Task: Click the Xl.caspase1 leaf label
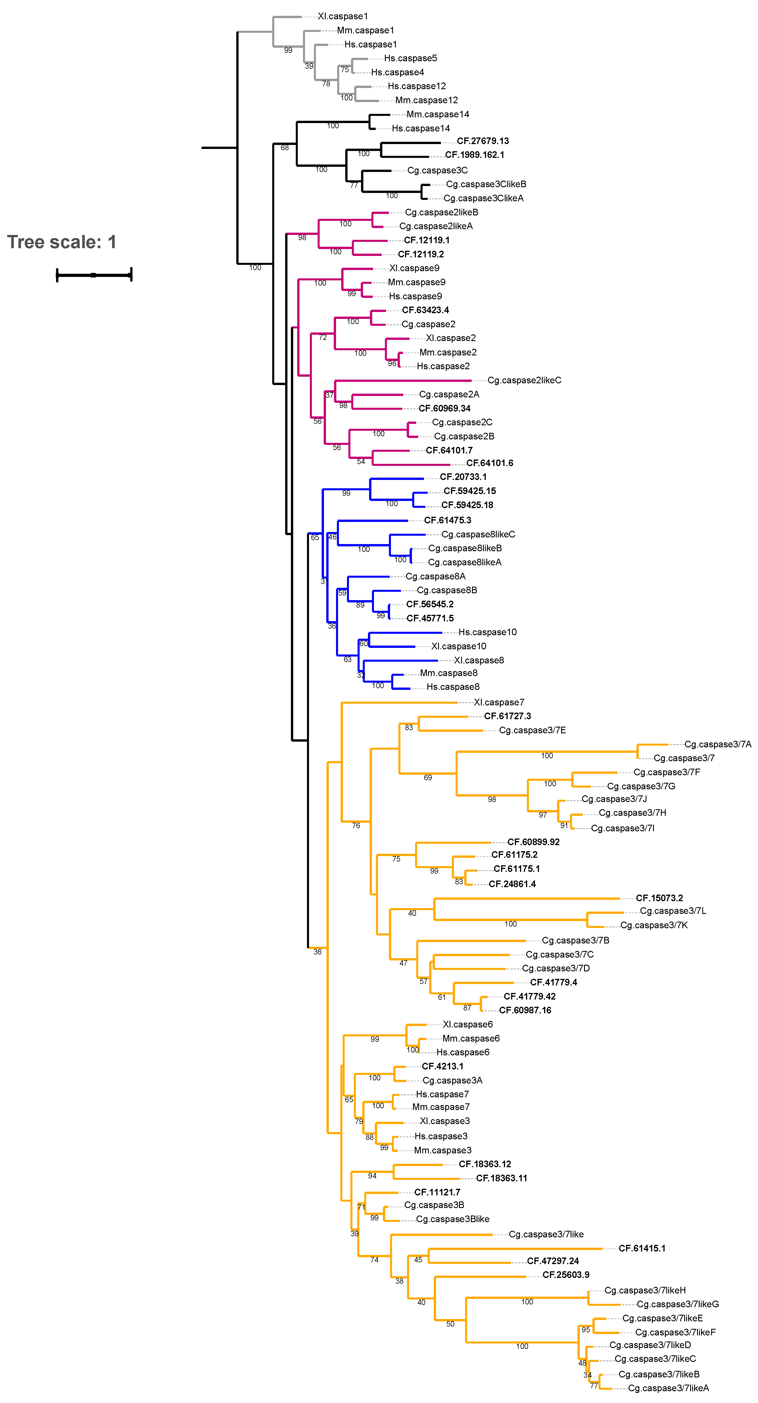pos(343,16)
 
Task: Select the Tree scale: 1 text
pos(62,242)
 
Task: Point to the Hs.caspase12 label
pos(417,86)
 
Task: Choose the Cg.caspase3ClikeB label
pos(486,184)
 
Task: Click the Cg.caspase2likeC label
pos(524,380)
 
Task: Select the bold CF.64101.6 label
pos(490,463)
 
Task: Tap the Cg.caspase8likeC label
pos(478,534)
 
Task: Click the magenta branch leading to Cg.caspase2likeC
pos(403,380)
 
